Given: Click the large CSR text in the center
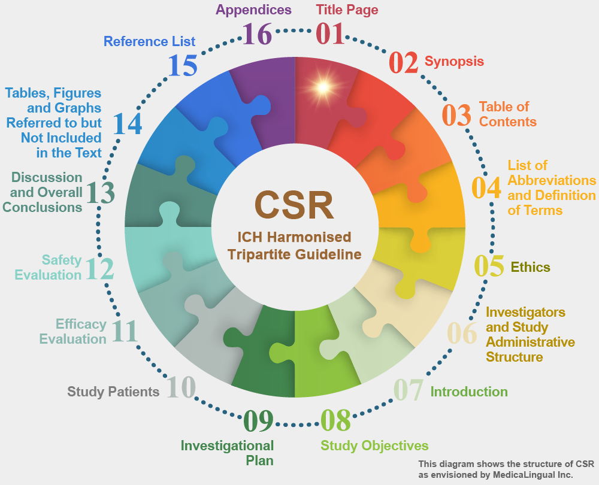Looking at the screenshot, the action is pos(294,205).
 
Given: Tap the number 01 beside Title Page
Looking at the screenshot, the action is pos(330,34).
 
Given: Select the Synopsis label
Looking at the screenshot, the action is pos(454,62).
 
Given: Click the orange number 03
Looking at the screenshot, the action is pos(456,115).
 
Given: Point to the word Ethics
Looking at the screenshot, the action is pos(530,267).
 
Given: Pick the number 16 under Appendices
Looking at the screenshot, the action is pos(257,34).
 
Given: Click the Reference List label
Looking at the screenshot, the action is pos(149,41).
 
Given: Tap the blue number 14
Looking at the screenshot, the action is pos(128,123).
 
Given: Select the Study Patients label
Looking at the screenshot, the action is pos(113,392).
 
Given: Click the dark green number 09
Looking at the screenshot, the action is pos(259,420).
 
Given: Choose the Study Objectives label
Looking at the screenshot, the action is pos(374,445).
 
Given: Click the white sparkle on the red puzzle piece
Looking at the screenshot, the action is pos(323,87).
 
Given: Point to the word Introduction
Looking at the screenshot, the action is pos(469,392).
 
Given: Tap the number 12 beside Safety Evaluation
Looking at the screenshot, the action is pos(99,269).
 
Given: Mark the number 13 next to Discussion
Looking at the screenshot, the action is pos(101,192).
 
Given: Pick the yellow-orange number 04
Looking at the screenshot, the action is pos(486,187).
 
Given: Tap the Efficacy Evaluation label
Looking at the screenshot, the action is pos(73,332).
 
